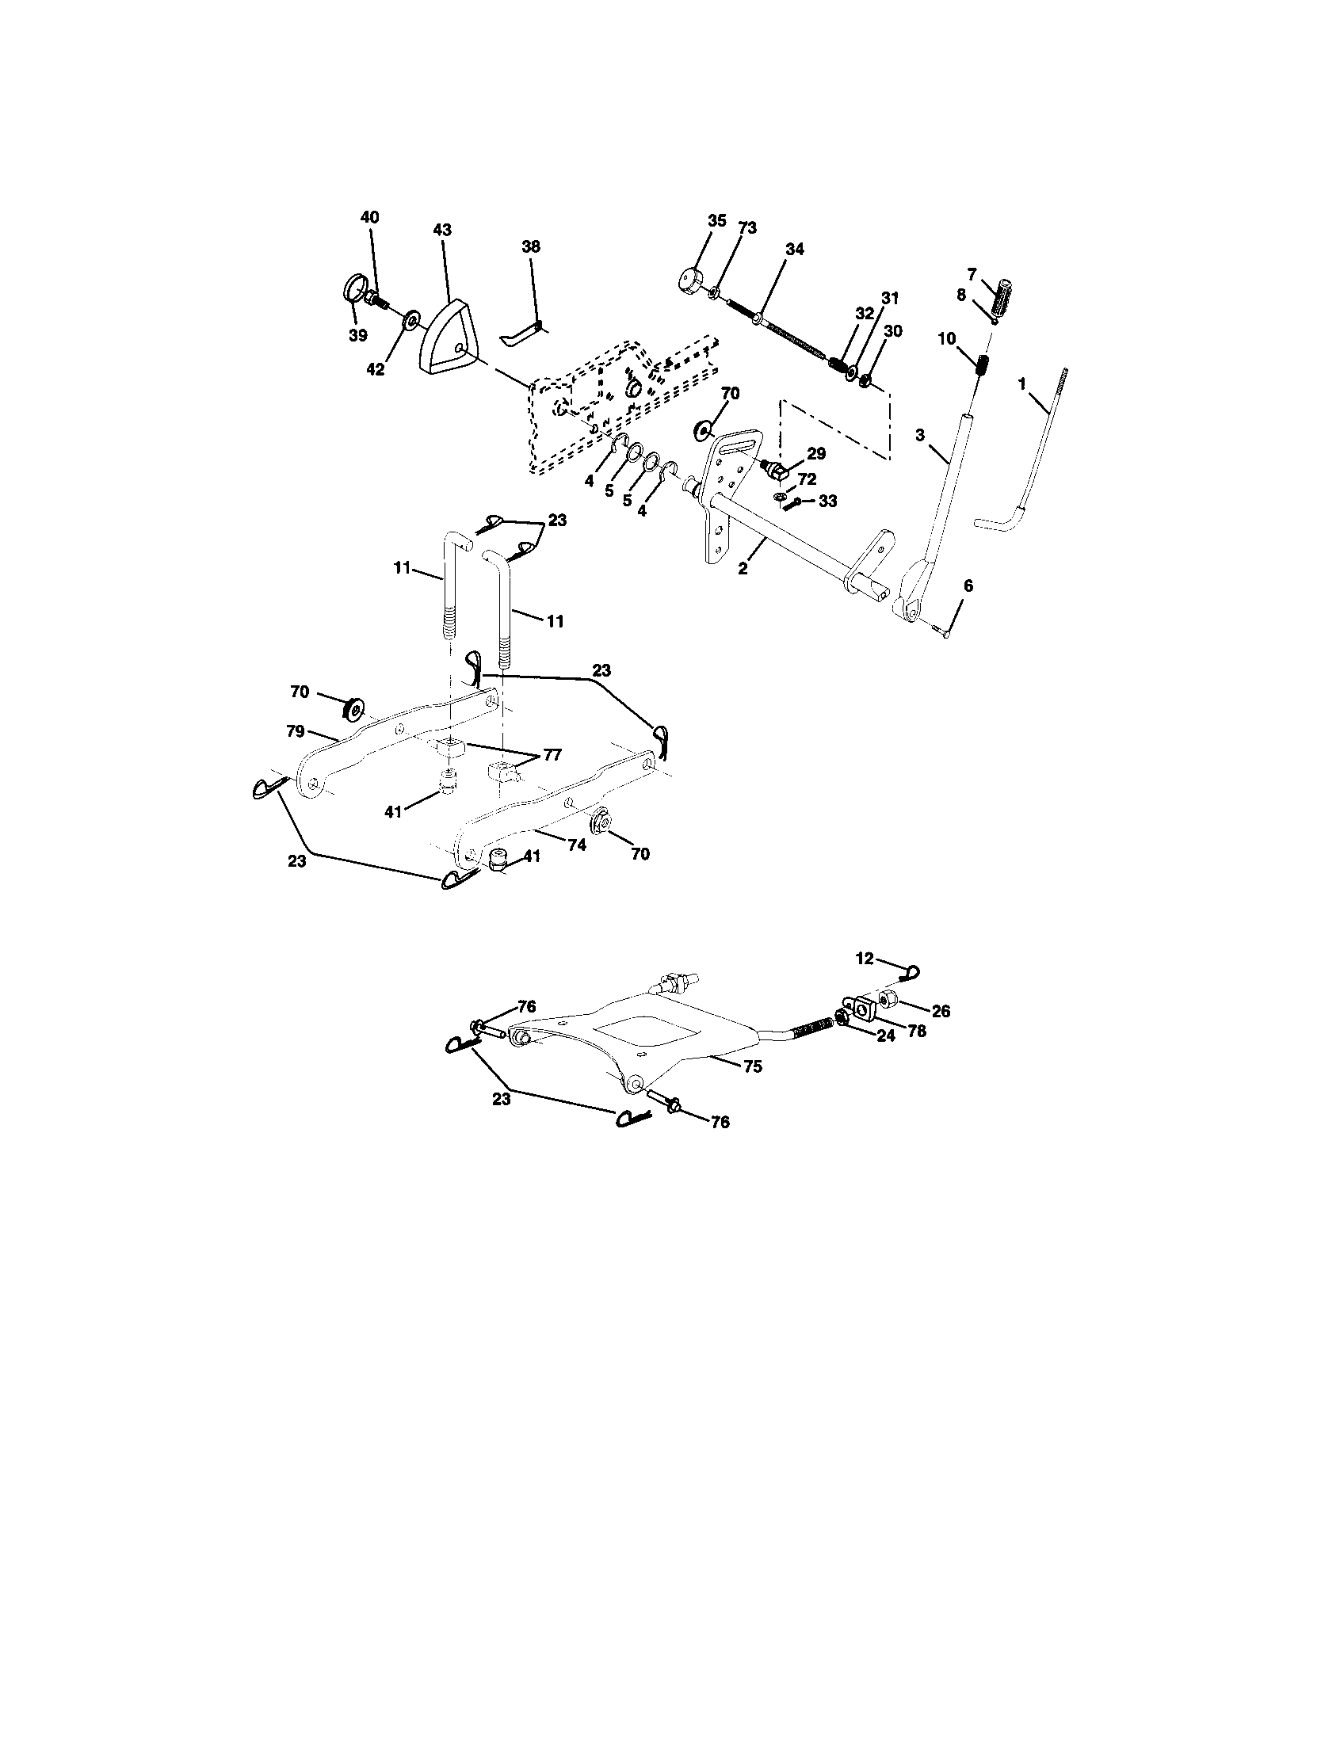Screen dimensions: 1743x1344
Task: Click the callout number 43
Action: [442, 230]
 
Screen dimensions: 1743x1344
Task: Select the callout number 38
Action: [532, 246]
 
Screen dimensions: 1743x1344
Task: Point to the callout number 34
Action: [794, 249]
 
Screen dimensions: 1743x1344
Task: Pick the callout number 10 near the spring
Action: [946, 338]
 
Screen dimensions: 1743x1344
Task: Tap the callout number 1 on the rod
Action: [1022, 384]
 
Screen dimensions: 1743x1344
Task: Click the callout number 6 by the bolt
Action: [968, 585]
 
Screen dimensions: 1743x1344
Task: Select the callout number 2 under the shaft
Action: [743, 570]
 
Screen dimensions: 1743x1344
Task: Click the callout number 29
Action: [815, 453]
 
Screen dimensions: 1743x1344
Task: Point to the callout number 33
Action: [828, 502]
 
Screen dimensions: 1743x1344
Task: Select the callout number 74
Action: [577, 845]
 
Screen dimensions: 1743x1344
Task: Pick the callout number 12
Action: [865, 959]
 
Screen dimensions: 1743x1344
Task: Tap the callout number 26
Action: [941, 1010]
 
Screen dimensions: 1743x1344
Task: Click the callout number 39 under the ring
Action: [357, 336]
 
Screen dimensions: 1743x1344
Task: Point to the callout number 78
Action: [917, 1030]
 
